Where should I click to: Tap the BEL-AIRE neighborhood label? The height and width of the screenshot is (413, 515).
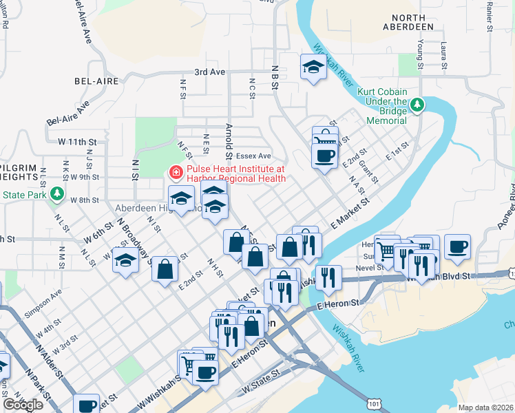pos(93,81)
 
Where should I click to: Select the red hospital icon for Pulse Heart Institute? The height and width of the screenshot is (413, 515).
pos(176,172)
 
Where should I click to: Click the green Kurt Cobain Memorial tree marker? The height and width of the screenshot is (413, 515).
pos(417,105)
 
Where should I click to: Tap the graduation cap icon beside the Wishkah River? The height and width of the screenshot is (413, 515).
pos(313,67)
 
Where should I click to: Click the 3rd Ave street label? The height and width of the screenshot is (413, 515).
pos(209,72)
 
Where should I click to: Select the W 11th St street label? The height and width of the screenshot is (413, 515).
pos(76,141)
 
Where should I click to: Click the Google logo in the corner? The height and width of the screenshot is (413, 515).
pos(23,404)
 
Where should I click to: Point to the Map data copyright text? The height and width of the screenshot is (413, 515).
pos(486,407)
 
